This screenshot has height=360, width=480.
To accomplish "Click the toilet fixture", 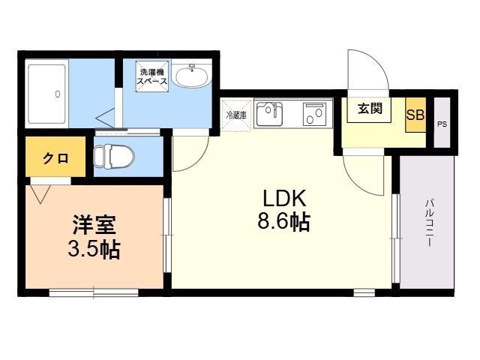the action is pyautogui.click(x=114, y=156).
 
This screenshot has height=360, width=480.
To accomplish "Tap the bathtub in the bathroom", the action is pyautogui.click(x=46, y=94).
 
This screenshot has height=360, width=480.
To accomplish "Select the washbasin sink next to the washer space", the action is pyautogui.click(x=191, y=75).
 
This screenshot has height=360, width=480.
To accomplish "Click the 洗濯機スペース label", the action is pyautogui.click(x=152, y=76).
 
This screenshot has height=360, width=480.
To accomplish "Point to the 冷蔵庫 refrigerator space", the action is pyautogui.click(x=236, y=115).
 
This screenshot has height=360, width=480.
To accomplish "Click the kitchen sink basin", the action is pyautogui.click(x=269, y=114).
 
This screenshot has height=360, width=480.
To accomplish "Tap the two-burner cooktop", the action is pyautogui.click(x=315, y=113).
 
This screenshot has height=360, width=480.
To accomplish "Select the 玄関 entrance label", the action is pyautogui.click(x=370, y=108).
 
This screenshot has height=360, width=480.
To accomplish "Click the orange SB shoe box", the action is pyautogui.click(x=415, y=115).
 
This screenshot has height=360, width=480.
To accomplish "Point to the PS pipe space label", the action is pyautogui.click(x=442, y=124).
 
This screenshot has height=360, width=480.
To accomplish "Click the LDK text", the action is pyautogui.click(x=284, y=199).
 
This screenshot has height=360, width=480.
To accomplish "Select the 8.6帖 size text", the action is pyautogui.click(x=284, y=221).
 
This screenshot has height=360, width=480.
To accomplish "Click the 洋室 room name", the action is pyautogui.click(x=94, y=225).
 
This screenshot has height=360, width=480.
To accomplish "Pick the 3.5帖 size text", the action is pyautogui.click(x=94, y=249).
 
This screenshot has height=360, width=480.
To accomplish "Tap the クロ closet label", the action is pyautogui.click(x=55, y=158).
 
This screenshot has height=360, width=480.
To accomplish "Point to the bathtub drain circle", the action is pyautogui.click(x=58, y=94).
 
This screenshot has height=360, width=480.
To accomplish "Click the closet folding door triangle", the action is pyautogui.click(x=40, y=194).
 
